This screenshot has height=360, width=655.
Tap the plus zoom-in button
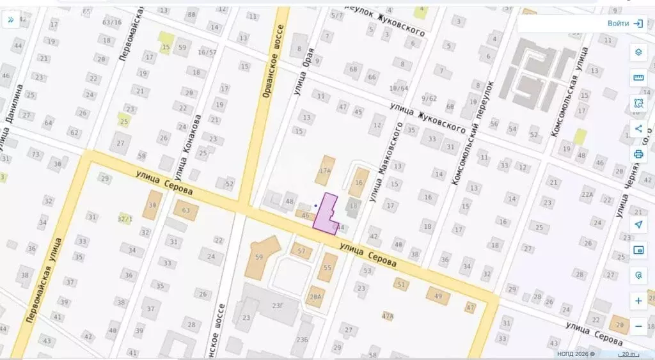[638, 301]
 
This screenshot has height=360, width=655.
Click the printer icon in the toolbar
[638, 153]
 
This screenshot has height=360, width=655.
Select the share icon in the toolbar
[638, 129]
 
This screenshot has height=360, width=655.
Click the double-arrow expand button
[11, 20]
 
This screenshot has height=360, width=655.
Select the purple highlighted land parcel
[327, 214]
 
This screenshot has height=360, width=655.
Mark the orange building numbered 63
[186, 210]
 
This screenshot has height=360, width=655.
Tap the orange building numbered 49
[438, 295]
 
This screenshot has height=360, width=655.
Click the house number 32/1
[125, 219]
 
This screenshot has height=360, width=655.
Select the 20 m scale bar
[628, 354]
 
